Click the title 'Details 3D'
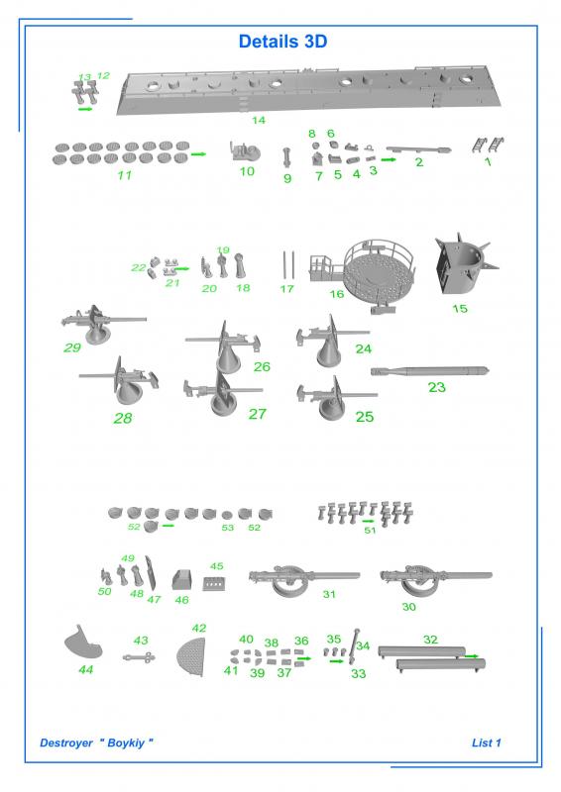[x=282, y=42]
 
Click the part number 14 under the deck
[x=259, y=120]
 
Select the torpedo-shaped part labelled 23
[x=430, y=371]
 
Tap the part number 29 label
[x=72, y=347]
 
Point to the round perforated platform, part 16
[x=380, y=275]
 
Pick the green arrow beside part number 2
[x=389, y=159]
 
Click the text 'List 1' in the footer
[x=486, y=742]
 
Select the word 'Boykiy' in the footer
[x=126, y=743]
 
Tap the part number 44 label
[x=85, y=669]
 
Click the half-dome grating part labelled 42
[x=192, y=657]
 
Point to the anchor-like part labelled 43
[x=139, y=657]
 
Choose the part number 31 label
[x=329, y=594]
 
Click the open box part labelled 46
[x=182, y=579]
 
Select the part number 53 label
[x=228, y=528]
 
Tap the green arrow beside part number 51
[x=369, y=521]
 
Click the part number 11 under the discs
[x=125, y=175]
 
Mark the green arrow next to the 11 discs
[x=199, y=154]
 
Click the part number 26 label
[x=262, y=366]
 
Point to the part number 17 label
[x=286, y=288]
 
